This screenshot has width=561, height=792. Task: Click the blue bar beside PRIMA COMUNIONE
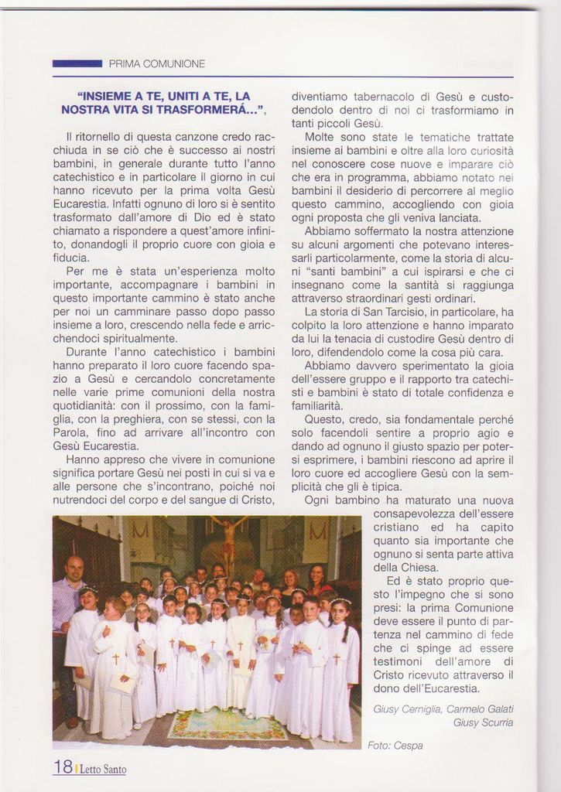click(x=77, y=63)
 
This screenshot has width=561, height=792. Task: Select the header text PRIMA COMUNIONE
click(x=157, y=63)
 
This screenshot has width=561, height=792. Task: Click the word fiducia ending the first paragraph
click(x=71, y=258)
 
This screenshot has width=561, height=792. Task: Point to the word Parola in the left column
click(x=71, y=432)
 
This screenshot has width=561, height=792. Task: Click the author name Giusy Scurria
click(x=484, y=722)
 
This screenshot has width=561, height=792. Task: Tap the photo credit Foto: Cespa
click(x=395, y=746)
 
